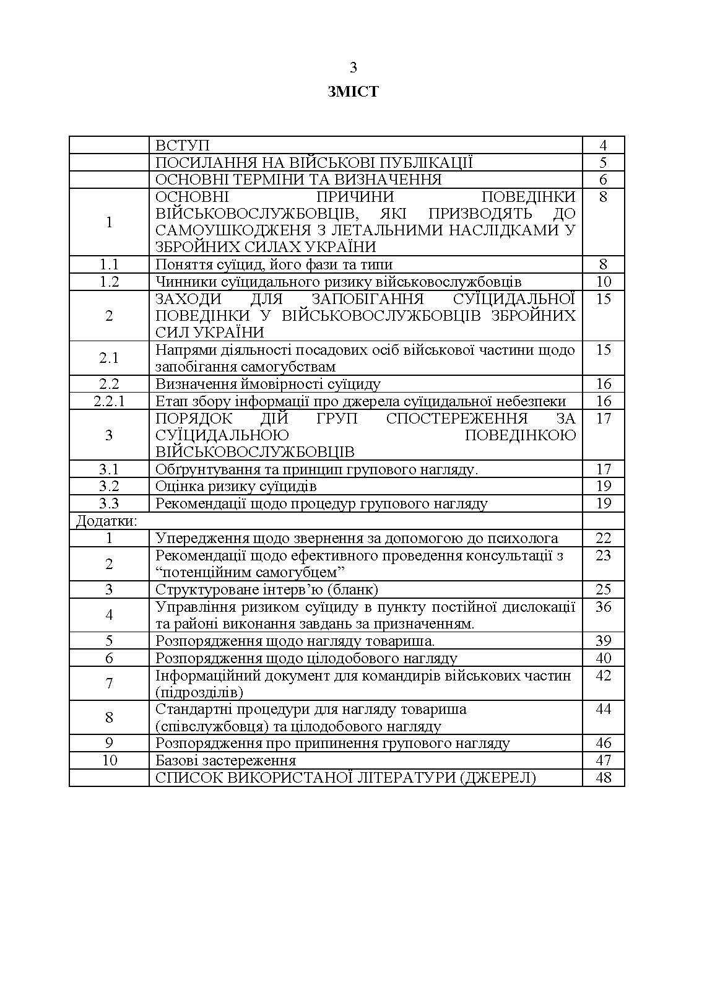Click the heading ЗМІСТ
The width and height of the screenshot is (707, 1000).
353,92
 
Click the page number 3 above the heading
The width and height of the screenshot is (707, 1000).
353,67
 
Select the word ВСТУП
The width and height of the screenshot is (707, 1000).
183,146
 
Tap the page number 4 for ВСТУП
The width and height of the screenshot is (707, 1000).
603,146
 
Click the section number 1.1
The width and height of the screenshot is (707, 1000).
109,264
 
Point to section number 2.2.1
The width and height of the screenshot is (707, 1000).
109,401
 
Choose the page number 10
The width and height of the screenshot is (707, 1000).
603,282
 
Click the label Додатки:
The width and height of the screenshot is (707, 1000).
106,521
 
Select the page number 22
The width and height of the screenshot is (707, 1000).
603,538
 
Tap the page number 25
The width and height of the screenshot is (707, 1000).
603,589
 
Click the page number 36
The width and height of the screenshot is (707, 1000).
603,607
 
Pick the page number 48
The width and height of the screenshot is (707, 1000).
603,777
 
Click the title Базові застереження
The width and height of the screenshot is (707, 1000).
225,760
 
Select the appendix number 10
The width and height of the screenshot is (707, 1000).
109,760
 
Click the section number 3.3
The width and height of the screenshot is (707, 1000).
109,503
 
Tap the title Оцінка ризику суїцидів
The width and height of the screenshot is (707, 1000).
236,486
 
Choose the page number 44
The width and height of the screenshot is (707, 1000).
603,709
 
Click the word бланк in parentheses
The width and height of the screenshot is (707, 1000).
353,589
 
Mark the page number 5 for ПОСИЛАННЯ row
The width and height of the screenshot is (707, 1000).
603,163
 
